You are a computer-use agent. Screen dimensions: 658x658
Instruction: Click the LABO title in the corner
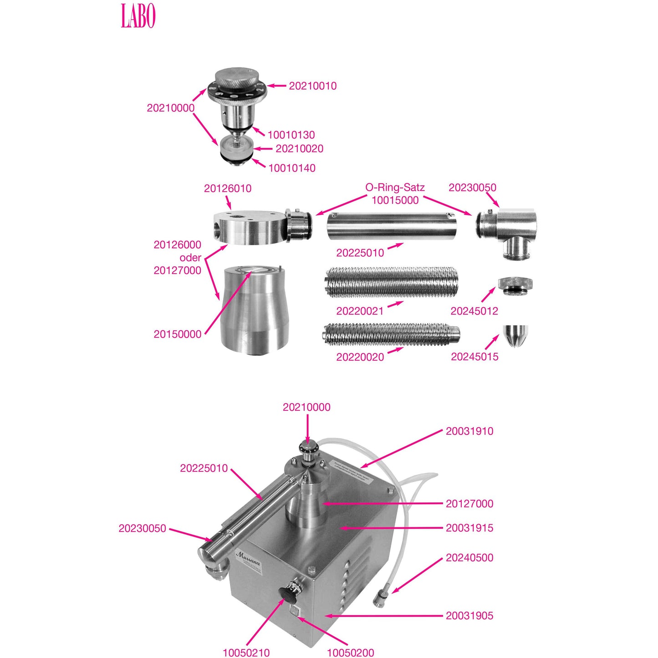pos(138,16)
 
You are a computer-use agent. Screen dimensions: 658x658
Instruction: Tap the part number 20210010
pos(312,86)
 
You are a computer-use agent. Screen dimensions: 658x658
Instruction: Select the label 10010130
pos(291,135)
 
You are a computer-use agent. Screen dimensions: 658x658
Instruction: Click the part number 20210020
pos(299,148)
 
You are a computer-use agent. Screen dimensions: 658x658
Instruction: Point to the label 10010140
pos(291,168)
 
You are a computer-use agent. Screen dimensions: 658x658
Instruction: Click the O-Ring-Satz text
pos(395,187)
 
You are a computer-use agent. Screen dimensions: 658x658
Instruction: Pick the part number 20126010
pos(227,188)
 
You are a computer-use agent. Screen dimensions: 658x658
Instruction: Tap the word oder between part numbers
pos(190,258)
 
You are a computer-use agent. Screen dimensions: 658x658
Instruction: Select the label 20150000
pos(177,334)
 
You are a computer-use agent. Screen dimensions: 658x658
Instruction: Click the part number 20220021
pos(360,311)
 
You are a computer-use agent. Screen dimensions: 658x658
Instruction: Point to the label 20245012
pos(474,311)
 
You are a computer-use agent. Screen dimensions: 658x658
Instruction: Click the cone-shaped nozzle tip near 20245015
pos(515,335)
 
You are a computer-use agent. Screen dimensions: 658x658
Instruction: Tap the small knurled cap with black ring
pos(515,286)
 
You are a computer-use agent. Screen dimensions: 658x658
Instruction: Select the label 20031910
pos(469,431)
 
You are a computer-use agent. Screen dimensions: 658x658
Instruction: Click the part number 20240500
pos(469,558)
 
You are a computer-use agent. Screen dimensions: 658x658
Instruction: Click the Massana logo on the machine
pos(248,558)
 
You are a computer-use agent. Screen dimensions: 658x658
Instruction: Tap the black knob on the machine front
pos(287,594)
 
